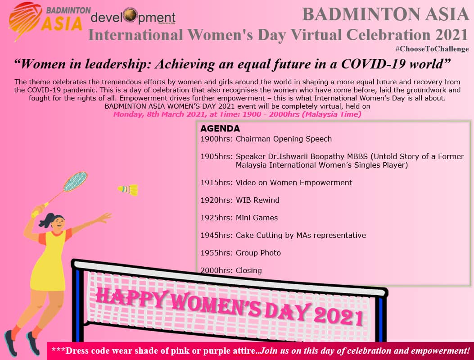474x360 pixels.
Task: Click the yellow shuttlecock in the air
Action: coord(128,190)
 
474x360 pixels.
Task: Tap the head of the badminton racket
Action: coord(75,182)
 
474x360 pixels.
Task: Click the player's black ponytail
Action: coord(46,220)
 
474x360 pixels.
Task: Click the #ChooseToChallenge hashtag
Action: coord(432,49)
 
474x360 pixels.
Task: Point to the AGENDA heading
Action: coord(220,128)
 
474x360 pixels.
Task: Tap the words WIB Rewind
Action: coord(257,200)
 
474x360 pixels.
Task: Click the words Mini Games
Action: coord(257,218)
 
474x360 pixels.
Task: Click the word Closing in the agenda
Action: coord(249,270)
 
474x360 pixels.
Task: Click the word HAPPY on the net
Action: coord(131,297)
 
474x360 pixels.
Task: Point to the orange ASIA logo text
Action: coord(62,23)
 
